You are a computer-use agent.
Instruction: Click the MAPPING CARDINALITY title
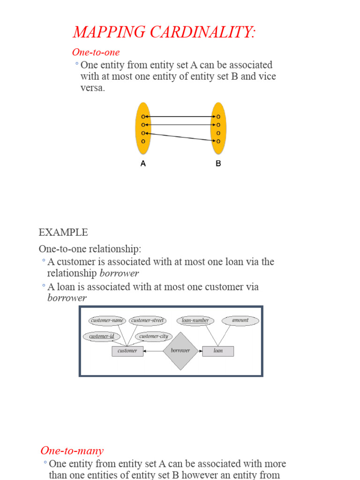pyautogui.click(x=164, y=32)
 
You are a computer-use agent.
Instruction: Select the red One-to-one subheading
pyautogui.click(x=96, y=52)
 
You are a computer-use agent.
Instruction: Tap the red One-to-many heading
pyautogui.click(x=72, y=450)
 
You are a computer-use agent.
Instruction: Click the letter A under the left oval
pyautogui.click(x=143, y=164)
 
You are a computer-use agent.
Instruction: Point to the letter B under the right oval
pyautogui.click(x=218, y=164)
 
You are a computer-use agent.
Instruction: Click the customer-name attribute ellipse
pyautogui.click(x=107, y=321)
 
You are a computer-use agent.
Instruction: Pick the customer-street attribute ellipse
pyautogui.click(x=148, y=321)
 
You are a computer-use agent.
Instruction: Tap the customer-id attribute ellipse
pyautogui.click(x=102, y=337)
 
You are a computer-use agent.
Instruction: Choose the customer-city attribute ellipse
pyautogui.click(x=154, y=337)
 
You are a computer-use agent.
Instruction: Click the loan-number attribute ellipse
pyautogui.click(x=195, y=321)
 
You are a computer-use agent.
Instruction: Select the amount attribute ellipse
pyautogui.click(x=240, y=321)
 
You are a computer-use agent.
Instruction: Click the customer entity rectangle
pyautogui.click(x=127, y=351)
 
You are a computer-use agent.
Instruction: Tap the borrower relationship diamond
pyautogui.click(x=180, y=351)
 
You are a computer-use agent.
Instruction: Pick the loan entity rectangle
pyautogui.click(x=218, y=351)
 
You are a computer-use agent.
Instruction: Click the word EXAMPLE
pyautogui.click(x=63, y=232)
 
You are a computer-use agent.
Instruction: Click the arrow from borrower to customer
pyautogui.click(x=153, y=351)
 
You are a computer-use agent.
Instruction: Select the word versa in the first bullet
pyautogui.click(x=93, y=88)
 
